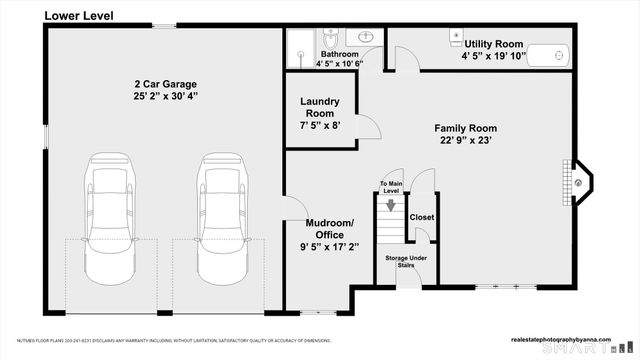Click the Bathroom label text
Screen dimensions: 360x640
339,54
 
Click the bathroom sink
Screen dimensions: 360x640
366,37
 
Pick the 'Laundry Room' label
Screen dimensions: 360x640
320,107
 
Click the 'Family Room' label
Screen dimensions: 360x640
465,128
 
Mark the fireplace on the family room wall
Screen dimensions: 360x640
580,182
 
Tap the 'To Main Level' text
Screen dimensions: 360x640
390,187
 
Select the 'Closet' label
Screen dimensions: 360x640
421,216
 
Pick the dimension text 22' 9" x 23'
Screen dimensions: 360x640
465,141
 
